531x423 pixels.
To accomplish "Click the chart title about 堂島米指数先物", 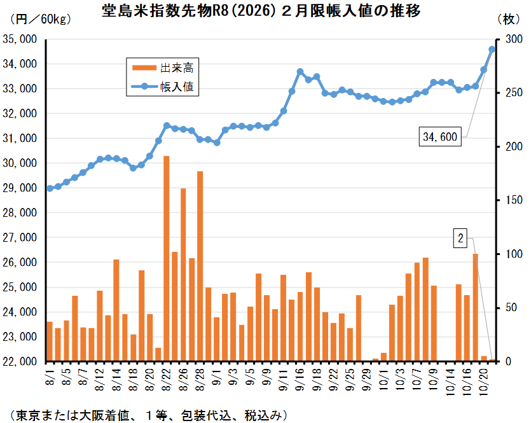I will click(x=265, y=11).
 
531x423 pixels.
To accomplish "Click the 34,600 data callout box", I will click(x=441, y=137).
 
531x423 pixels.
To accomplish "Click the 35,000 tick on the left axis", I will click(x=20, y=39).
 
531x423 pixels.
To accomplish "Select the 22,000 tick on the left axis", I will click(x=20, y=361).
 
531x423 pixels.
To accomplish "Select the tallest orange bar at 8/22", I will click(x=167, y=258).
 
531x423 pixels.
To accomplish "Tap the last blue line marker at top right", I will click(x=492, y=49).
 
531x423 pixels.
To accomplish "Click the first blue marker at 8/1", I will click(x=50, y=188).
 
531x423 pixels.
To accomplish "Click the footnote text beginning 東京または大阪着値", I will click(x=146, y=414).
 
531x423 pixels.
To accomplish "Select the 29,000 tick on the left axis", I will click(x=20, y=188).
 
